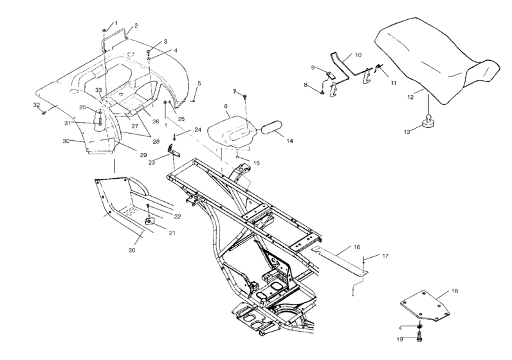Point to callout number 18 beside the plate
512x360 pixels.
(x=454, y=291)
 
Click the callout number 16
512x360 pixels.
(x=356, y=246)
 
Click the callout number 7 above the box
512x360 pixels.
(x=235, y=91)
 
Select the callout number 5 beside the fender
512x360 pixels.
(x=199, y=83)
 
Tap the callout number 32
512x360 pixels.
(x=37, y=104)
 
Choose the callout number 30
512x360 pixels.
(x=66, y=141)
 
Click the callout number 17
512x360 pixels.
(x=386, y=256)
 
